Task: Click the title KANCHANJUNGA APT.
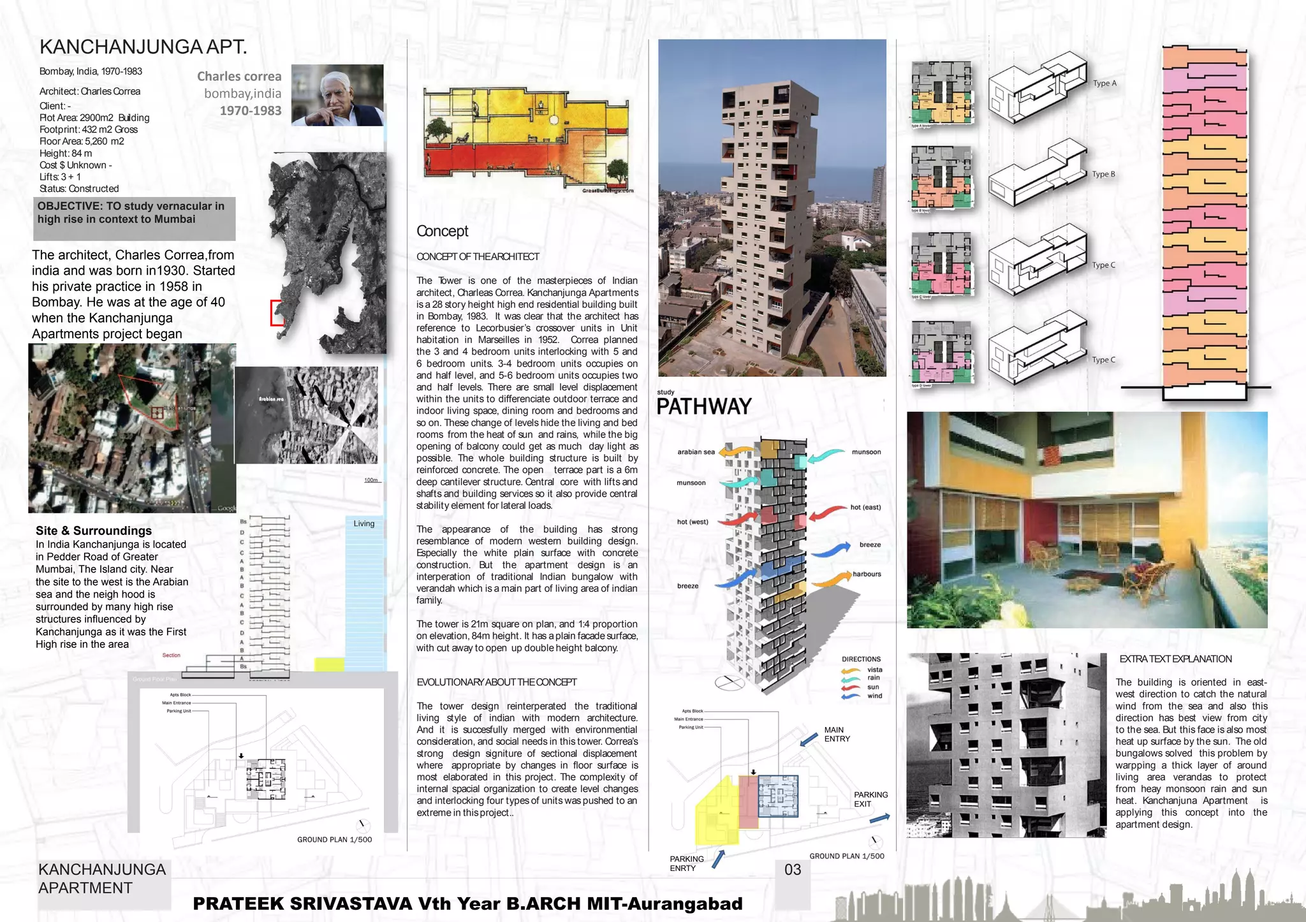143,47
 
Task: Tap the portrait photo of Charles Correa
337,95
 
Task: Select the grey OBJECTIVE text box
134,218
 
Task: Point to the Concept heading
442,231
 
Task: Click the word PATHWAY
704,407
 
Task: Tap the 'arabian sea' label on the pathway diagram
696,452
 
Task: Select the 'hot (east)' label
865,508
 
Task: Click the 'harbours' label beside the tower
867,574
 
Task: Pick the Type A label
1104,84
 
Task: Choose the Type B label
1103,174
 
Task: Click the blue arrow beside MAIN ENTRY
809,738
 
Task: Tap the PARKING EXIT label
870,800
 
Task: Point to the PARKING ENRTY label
687,863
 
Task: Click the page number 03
793,870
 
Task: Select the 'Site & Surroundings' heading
94,531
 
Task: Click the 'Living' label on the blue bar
363,523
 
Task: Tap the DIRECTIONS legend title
861,659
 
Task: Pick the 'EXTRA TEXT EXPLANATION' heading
1175,659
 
